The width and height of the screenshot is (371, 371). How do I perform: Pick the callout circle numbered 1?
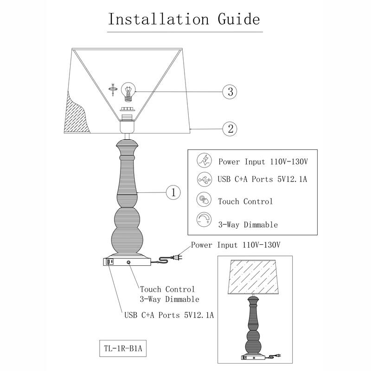click(x=173, y=192)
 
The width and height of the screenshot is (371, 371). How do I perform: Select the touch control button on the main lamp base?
click(x=128, y=262)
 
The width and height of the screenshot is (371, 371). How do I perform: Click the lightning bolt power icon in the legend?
click(x=204, y=161)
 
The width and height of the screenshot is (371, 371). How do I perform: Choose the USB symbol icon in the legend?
click(x=204, y=179)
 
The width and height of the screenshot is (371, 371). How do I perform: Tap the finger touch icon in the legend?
click(x=204, y=200)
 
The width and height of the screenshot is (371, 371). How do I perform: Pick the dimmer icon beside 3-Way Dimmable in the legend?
click(x=204, y=220)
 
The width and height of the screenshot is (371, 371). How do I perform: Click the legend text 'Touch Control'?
click(x=245, y=201)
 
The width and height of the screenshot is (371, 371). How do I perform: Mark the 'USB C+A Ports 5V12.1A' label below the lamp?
click(x=169, y=315)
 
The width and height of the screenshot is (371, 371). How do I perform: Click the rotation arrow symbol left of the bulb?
click(x=112, y=89)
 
